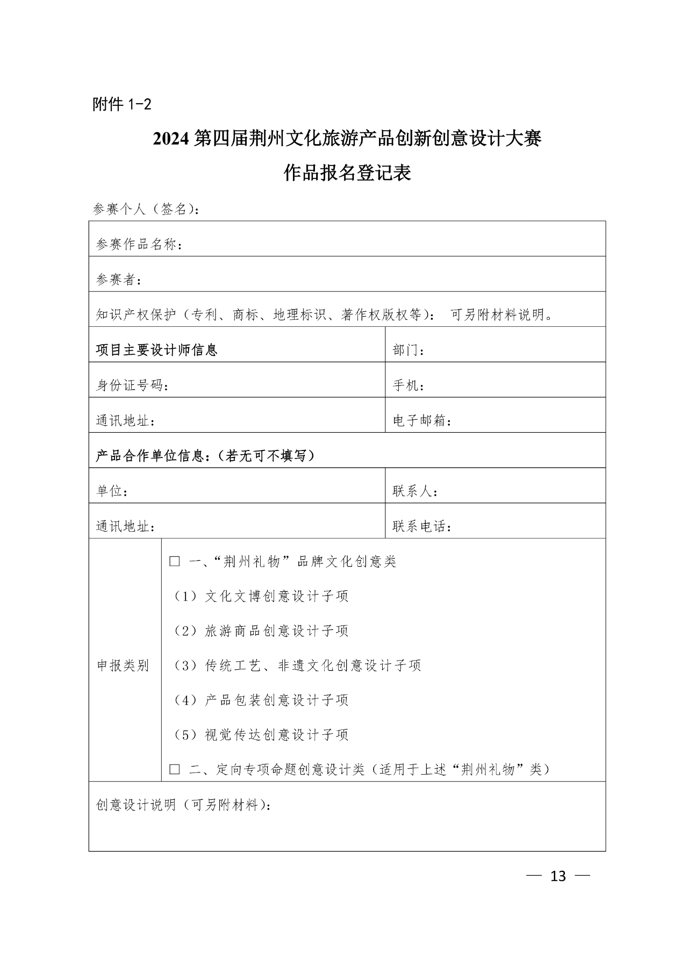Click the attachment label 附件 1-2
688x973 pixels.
pos(122,104)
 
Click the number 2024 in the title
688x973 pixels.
pos(171,139)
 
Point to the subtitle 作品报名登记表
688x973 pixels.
pos(347,173)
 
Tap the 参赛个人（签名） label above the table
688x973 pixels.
pos(146,209)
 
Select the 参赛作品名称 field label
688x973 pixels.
pos(139,245)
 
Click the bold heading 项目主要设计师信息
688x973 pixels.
pos(156,350)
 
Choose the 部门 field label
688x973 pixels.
pos(408,350)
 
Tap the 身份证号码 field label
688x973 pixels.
pos(132,386)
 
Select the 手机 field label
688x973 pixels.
pos(408,386)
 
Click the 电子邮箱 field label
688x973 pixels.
pos(422,421)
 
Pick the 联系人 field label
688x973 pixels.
pos(415,491)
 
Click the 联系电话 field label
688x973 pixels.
pos(422,527)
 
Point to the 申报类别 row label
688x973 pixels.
pos(123,666)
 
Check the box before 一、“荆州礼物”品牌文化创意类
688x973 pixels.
pos(175,562)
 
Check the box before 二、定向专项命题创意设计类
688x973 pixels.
pos(175,770)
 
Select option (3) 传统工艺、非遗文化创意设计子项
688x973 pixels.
pos(297,666)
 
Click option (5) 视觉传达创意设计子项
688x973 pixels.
pos(261,735)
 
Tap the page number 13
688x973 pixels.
pos(558,876)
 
